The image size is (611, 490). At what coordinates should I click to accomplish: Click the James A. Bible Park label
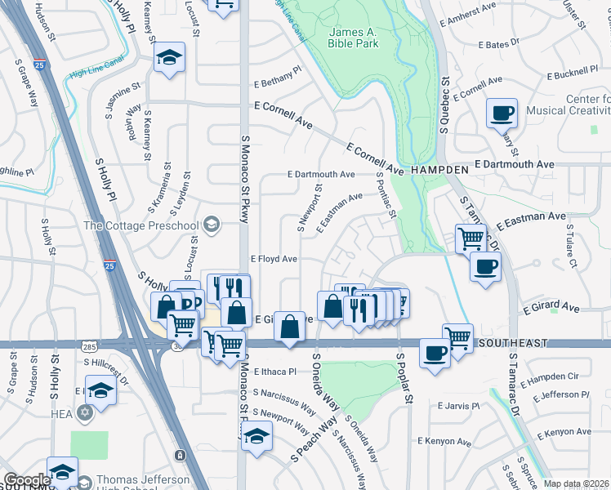pos(354,38)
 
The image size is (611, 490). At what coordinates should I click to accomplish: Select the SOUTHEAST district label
pos(514,343)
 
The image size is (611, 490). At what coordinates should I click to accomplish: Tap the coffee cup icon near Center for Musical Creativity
pos(502,113)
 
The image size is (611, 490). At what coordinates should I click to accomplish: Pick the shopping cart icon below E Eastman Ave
pos(471,238)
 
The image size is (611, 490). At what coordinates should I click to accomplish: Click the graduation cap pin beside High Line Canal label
pos(170,57)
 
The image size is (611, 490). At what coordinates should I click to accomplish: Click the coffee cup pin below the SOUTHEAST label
pos(435,353)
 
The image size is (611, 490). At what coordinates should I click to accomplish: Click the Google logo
pos(26,480)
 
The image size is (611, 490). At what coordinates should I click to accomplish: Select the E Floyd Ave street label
pos(273,259)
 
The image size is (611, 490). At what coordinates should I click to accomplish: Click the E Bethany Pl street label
pos(277,83)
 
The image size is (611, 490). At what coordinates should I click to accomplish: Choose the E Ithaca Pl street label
pos(274,371)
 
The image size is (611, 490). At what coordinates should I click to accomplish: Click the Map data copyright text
pos(576,483)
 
